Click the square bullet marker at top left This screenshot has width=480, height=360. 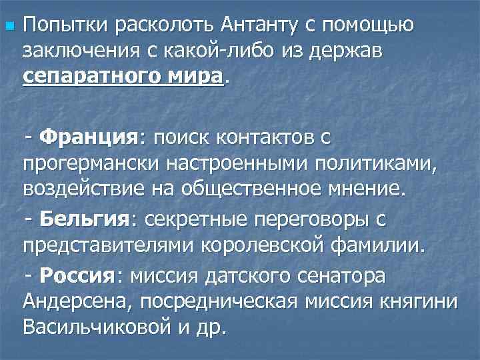[x=8, y=27]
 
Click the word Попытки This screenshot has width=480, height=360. [x=63, y=27]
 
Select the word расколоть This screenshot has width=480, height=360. [x=159, y=27]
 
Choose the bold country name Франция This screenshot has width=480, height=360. [x=88, y=139]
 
